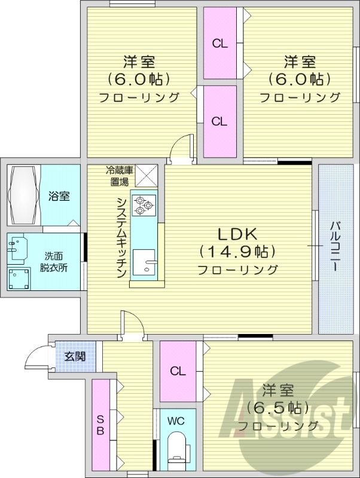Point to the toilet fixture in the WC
pos(176,450)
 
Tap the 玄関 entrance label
pos(75,357)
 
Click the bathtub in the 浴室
pos(24,196)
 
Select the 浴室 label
pos(59,196)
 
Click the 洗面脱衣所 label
pos(55,262)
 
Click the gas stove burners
pos(144,204)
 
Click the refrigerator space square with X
pos(146,176)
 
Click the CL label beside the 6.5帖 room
pos(177,371)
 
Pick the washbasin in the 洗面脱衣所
pos(19,247)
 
